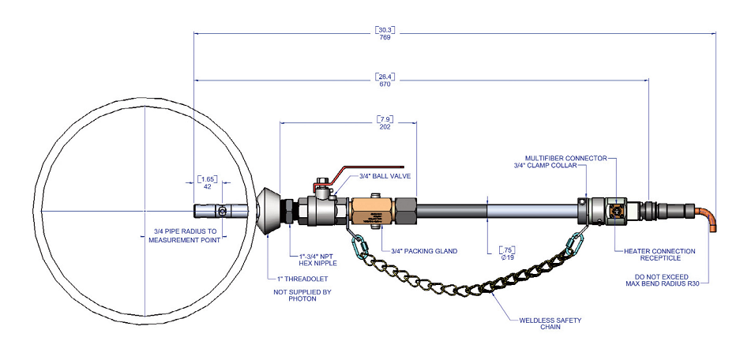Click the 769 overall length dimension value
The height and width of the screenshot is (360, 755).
coord(385,37)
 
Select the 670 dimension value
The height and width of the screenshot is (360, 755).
coord(385,84)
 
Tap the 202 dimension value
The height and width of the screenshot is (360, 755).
coord(386,126)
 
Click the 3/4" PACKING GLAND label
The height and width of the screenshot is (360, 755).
coord(424,251)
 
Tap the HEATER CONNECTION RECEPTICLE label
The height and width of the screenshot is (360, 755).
coord(659,255)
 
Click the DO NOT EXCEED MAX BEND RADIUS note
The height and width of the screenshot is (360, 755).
coord(661,279)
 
